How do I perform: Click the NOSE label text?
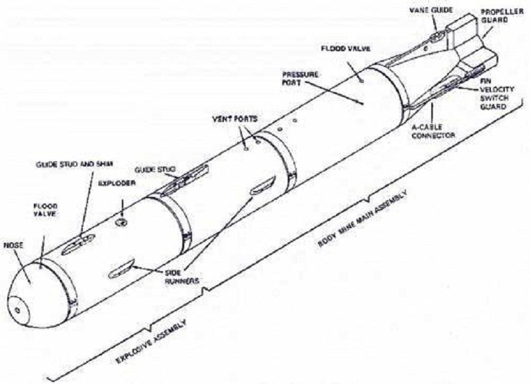coord(13,245)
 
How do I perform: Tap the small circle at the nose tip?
coord(17,307)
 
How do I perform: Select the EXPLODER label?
coord(112,182)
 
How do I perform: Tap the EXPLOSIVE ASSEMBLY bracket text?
coord(150,342)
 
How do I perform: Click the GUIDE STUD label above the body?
coord(154,170)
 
